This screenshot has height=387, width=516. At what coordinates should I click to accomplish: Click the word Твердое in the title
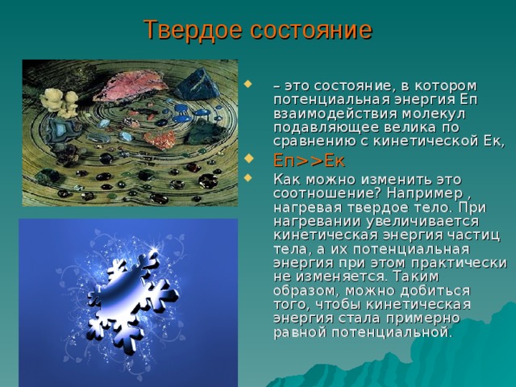pos(193,31)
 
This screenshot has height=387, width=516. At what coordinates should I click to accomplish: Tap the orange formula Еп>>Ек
pos(309,161)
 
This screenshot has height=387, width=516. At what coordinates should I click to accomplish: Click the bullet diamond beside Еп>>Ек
pos(248,158)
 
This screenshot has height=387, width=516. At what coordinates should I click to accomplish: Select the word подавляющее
pos(324,128)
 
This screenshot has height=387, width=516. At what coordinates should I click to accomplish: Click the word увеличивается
pos(422,222)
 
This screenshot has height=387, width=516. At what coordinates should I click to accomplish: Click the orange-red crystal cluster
pos(160,139)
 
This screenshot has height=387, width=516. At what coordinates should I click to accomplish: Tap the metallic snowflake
pos(132,304)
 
